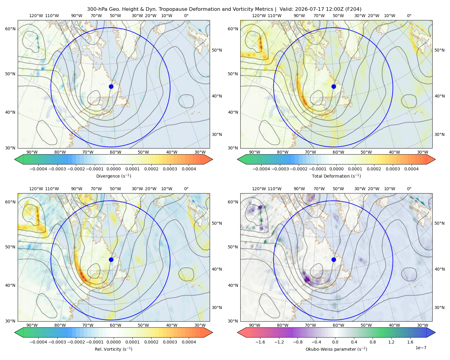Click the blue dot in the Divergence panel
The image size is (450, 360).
(x=111, y=86)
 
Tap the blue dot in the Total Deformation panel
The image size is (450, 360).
(x=334, y=86)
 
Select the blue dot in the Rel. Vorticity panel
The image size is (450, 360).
(x=111, y=259)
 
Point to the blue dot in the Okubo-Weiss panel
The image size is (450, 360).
(x=334, y=259)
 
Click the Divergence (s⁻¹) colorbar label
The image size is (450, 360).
(x=113, y=176)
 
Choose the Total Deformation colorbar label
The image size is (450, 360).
(x=336, y=176)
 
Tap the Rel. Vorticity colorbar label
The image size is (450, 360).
(x=113, y=349)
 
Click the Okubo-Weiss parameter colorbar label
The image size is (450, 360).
(x=336, y=349)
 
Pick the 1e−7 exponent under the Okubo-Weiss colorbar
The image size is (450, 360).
(x=421, y=348)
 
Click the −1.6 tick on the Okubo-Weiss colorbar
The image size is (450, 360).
(x=260, y=342)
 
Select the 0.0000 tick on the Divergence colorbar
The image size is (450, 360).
(x=113, y=169)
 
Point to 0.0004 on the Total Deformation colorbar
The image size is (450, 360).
(x=411, y=169)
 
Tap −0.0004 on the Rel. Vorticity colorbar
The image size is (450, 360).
(x=38, y=342)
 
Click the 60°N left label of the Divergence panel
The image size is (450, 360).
(x=10, y=29)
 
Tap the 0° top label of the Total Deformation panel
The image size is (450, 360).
(x=409, y=16)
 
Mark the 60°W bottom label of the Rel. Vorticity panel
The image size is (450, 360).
(x=115, y=325)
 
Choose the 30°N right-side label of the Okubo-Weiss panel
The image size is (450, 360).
(x=439, y=307)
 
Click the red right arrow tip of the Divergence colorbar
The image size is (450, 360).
(x=212, y=159)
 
